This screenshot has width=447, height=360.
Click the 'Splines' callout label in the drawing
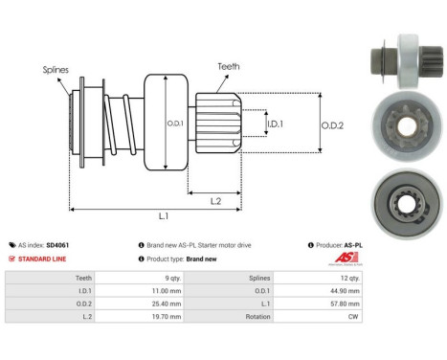coord(55,69)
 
